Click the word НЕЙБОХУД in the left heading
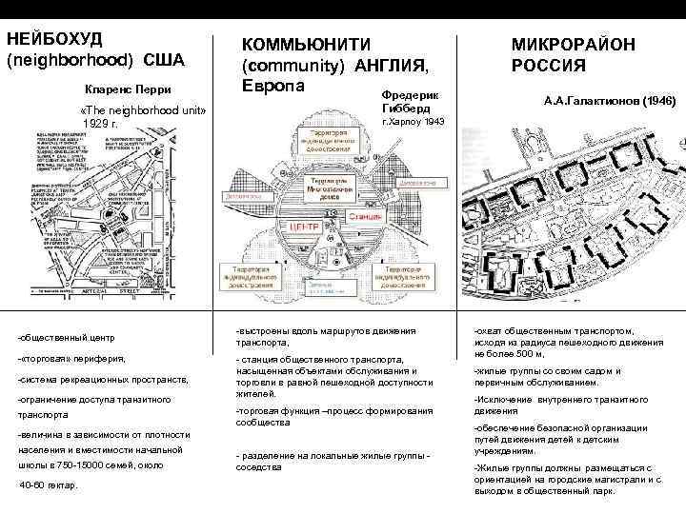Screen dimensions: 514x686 coord(54,38)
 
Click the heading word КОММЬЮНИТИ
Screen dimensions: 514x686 coord(302,45)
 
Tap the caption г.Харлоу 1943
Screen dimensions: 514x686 coord(412,124)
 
